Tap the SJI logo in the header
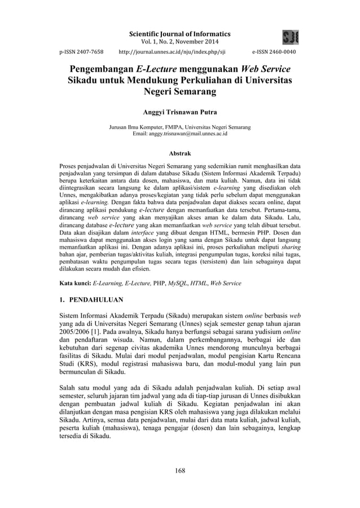pos(291,38)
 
